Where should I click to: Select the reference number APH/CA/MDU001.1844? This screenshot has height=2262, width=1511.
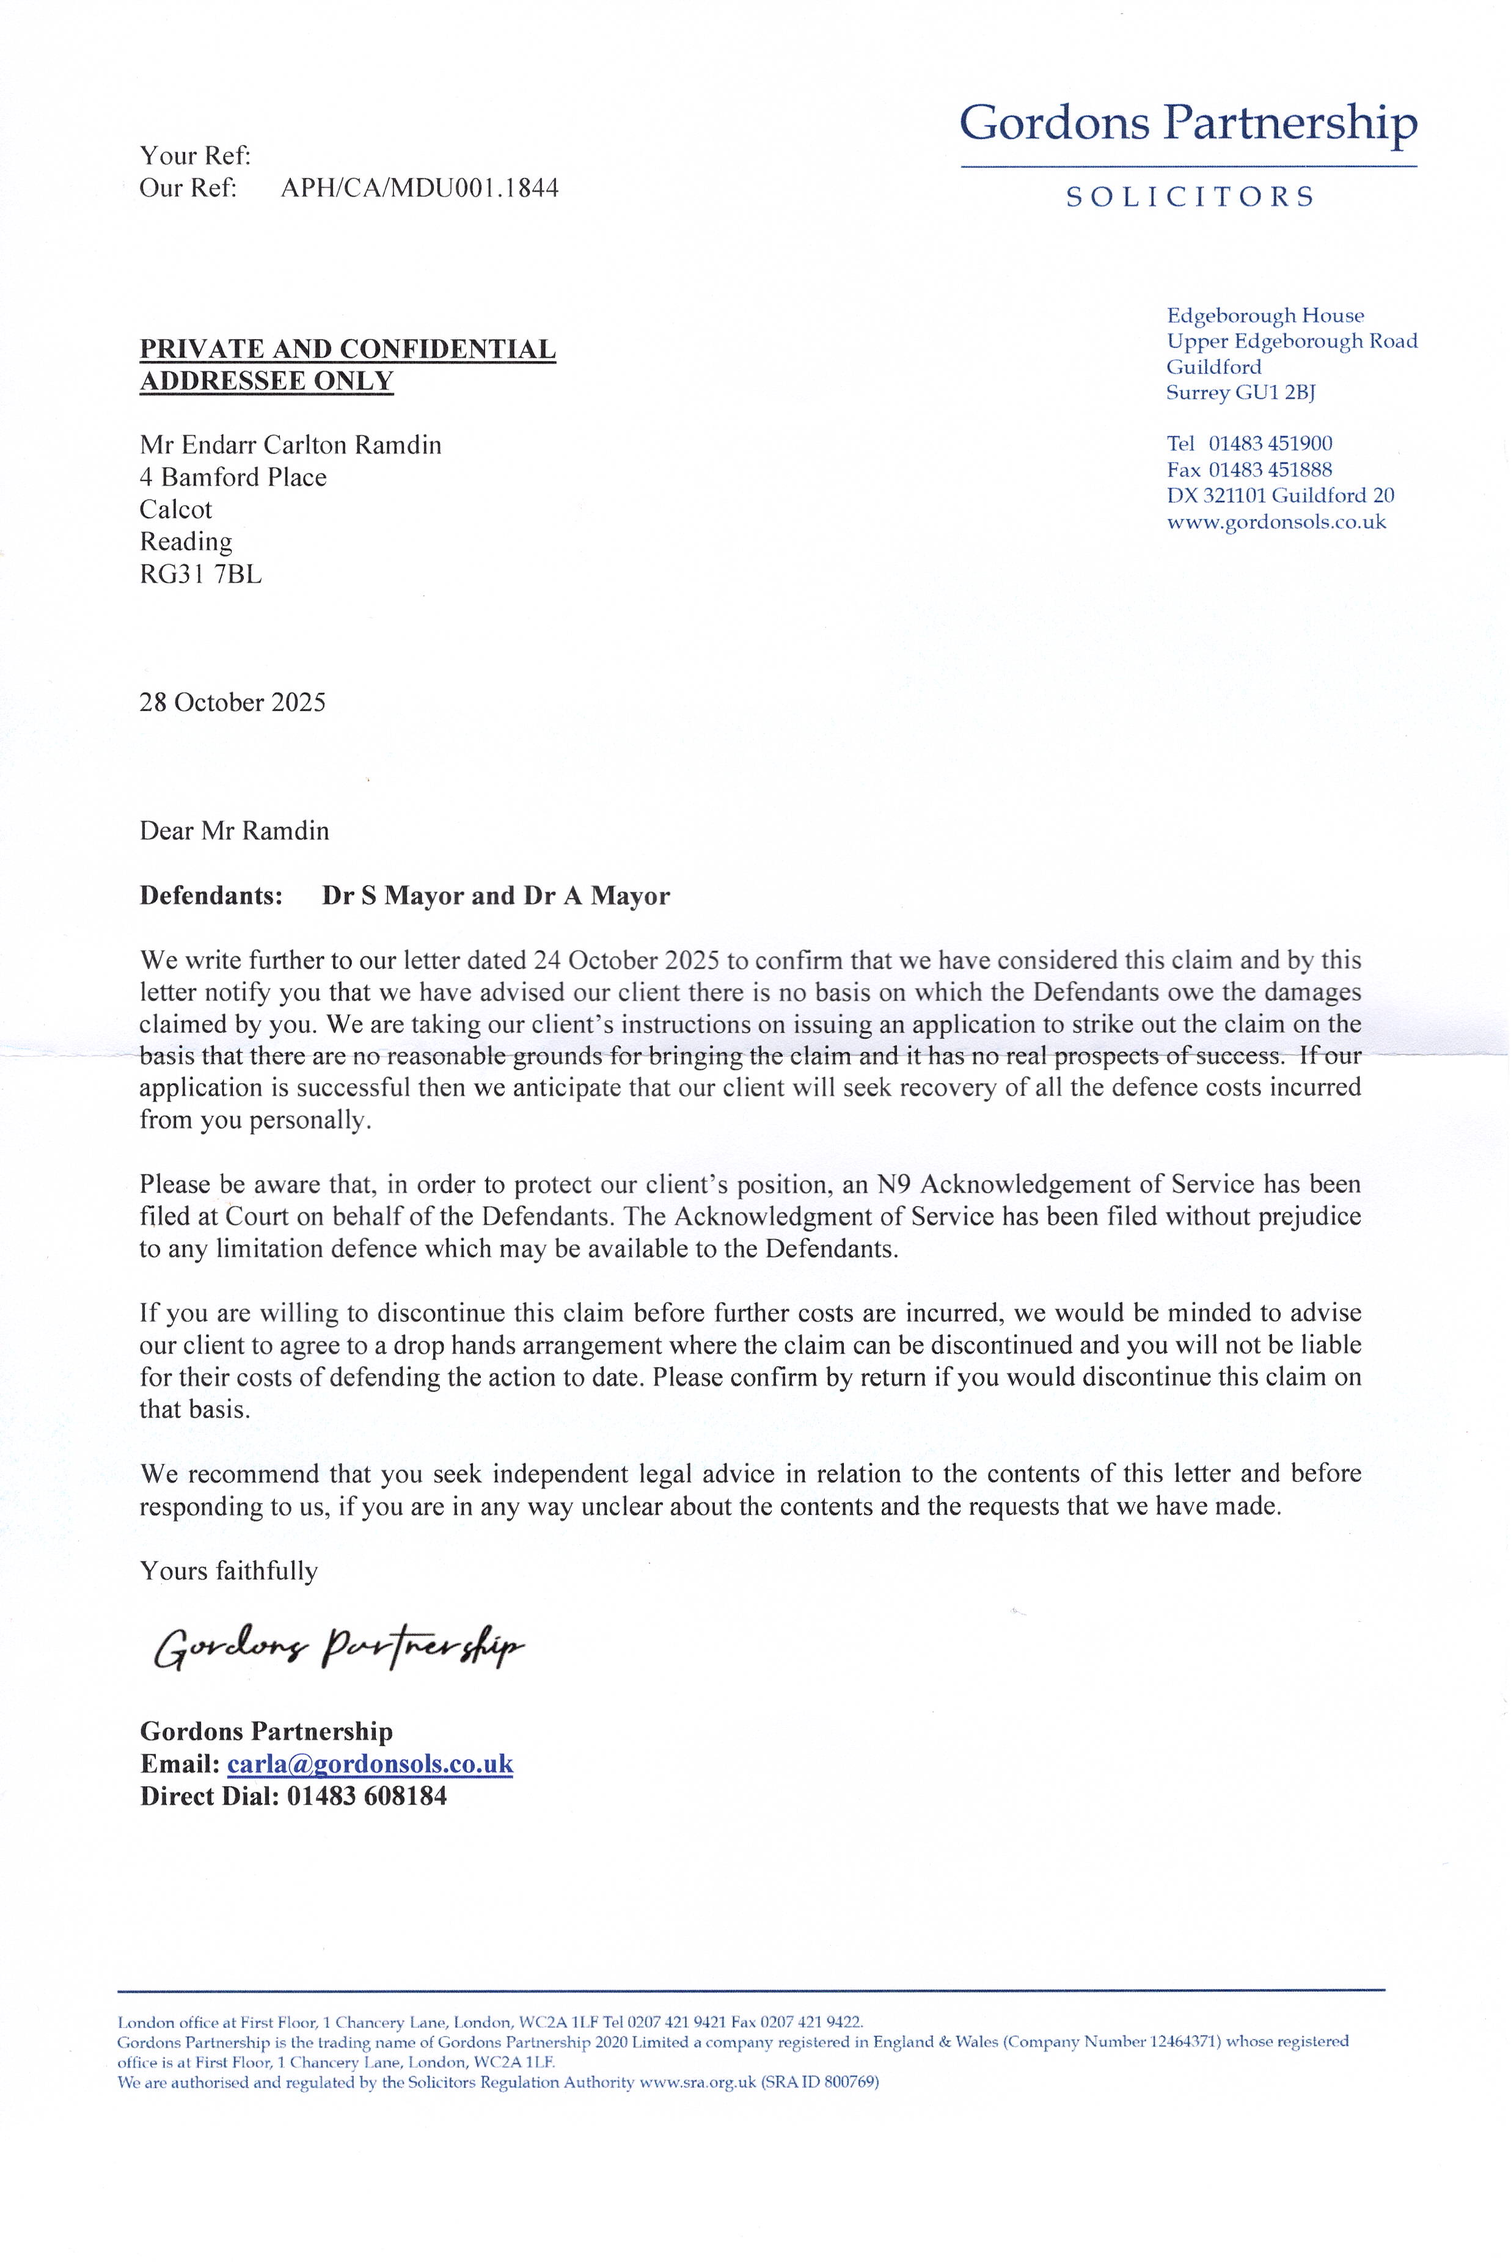(x=419, y=188)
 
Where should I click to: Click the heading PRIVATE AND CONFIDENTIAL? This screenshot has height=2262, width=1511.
(x=348, y=349)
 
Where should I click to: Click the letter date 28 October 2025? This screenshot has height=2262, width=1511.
(x=232, y=702)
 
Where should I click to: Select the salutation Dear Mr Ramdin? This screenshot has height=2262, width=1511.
(x=234, y=830)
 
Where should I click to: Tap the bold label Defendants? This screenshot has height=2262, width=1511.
(x=211, y=896)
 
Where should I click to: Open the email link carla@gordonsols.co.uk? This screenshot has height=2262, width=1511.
(x=370, y=1764)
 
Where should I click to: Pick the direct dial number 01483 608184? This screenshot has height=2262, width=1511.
(x=366, y=1796)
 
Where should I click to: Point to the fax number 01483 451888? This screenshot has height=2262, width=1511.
(x=1270, y=470)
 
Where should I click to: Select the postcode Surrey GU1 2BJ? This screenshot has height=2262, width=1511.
(x=1240, y=393)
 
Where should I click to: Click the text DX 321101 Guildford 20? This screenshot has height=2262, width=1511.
(x=1279, y=496)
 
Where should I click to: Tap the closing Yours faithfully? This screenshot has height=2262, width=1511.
(x=229, y=1571)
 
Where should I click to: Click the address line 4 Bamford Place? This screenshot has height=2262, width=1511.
(x=233, y=478)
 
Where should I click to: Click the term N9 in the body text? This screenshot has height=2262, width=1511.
(x=895, y=1184)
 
